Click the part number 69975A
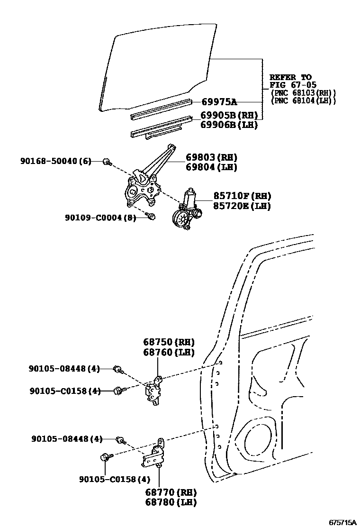(219, 102)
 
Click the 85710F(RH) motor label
(235, 196)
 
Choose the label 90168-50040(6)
(55, 162)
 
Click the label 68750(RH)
(169, 342)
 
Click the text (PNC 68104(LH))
(303, 100)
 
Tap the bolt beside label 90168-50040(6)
(108, 162)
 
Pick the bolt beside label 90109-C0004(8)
(152, 217)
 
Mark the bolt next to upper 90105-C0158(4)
(118, 391)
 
